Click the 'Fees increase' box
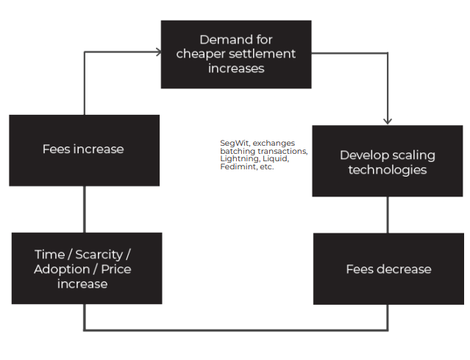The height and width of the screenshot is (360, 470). click(x=85, y=150)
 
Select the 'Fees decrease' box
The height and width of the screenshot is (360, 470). click(x=388, y=269)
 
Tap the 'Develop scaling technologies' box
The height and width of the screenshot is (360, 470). click(x=388, y=161)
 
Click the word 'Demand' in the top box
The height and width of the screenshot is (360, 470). click(x=222, y=40)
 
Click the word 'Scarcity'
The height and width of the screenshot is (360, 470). click(x=99, y=255)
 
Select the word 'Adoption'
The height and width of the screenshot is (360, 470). click(x=62, y=269)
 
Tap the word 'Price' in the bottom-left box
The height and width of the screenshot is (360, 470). click(x=116, y=269)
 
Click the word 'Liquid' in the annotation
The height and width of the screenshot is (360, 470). click(x=276, y=158)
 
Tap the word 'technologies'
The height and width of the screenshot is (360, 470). click(x=388, y=170)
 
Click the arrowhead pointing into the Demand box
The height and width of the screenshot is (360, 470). click(x=159, y=52)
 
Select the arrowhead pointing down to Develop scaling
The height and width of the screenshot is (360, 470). click(x=388, y=121)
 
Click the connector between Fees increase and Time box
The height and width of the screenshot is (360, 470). click(x=85, y=209)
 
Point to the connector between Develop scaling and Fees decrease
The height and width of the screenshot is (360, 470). click(x=388, y=215)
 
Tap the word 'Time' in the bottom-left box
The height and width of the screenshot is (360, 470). click(x=50, y=255)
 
